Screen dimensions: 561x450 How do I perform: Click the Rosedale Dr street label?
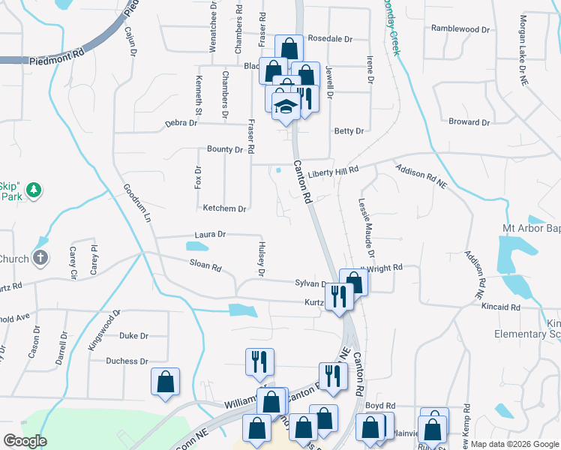pyautogui.click(x=330, y=38)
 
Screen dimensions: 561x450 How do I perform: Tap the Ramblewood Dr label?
pyautogui.click(x=460, y=29)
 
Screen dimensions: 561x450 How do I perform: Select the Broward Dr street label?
pyautogui.click(x=469, y=122)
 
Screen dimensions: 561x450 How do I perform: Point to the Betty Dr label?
pyautogui.click(x=349, y=131)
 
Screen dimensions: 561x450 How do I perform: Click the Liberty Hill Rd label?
pyautogui.click(x=333, y=172)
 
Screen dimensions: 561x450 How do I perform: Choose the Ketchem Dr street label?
pyautogui.click(x=224, y=208)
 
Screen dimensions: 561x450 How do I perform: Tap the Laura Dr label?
pyautogui.click(x=210, y=235)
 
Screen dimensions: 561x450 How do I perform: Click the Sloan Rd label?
pyautogui.click(x=205, y=265)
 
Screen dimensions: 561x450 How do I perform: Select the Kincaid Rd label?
pyautogui.click(x=502, y=307)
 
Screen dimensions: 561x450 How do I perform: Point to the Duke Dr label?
pyautogui.click(x=134, y=336)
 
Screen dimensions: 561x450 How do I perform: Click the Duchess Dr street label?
pyautogui.click(x=127, y=361)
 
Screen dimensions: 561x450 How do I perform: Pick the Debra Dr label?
pyautogui.click(x=181, y=122)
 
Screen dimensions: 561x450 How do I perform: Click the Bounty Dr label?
pyautogui.click(x=226, y=149)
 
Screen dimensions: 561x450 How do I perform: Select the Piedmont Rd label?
pyautogui.click(x=56, y=58)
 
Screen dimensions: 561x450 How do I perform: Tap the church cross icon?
pyautogui.click(x=40, y=259)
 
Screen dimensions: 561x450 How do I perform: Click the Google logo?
pyautogui.click(x=25, y=441)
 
